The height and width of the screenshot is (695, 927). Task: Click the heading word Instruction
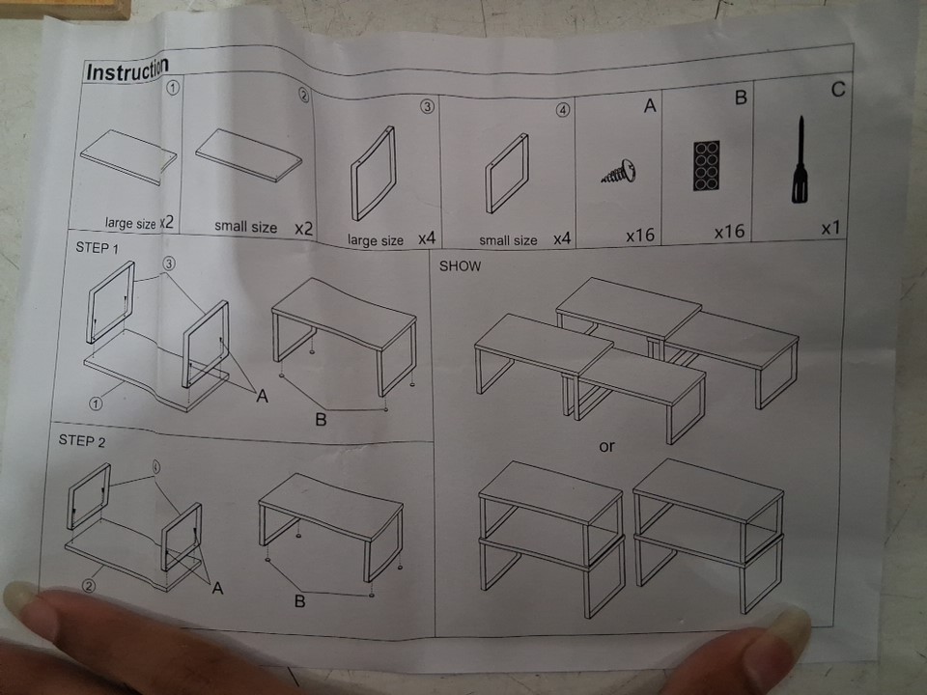pos(127,69)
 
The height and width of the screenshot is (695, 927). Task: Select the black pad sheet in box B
pos(707,165)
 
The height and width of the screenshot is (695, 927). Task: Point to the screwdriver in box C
pos(800,159)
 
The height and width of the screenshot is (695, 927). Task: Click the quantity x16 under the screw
pos(640,236)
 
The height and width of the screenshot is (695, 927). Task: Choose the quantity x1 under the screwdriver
pos(830,228)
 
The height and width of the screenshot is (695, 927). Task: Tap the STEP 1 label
pos(97,248)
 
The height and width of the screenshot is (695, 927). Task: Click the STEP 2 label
pos(81,441)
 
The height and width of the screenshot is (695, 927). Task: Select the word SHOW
pos(460,266)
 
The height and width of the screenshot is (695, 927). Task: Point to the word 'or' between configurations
pos(606,447)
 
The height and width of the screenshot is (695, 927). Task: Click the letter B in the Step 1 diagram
pos(321,420)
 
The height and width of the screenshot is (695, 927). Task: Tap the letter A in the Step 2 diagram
pos(217,588)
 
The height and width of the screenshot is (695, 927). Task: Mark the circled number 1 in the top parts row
pos(173,88)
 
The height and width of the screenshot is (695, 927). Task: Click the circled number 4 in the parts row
pos(563,110)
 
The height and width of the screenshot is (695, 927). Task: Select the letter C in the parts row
pos(838,90)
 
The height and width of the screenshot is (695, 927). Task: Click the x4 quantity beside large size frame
pos(427,238)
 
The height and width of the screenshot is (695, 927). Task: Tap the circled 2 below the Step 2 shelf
pos(88,586)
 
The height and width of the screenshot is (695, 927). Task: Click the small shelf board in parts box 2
pos(249,154)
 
